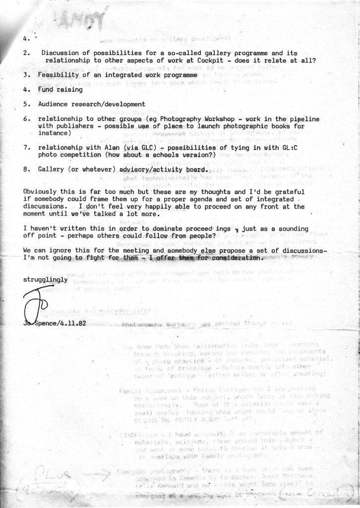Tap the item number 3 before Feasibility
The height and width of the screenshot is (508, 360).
click(x=25, y=74)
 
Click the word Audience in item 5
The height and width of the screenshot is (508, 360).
click(x=53, y=105)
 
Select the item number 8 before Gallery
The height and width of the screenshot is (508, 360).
click(x=25, y=169)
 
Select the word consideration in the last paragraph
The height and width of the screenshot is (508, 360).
click(x=237, y=258)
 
